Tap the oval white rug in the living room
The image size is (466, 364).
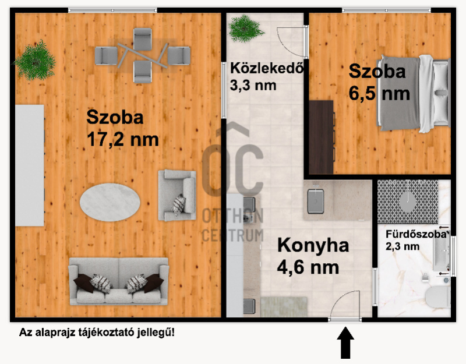click(110, 202)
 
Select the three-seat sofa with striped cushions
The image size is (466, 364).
click(119, 281)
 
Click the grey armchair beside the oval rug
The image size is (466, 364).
click(177, 195)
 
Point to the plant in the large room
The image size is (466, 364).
click(36, 61)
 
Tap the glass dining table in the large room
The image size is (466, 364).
click(142, 55)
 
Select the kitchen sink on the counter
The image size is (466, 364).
click(315, 201)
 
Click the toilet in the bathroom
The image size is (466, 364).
click(438, 296)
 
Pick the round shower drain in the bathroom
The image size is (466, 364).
click(407, 202)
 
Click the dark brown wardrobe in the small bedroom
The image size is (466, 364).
click(322, 137)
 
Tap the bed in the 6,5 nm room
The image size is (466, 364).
click(414, 93)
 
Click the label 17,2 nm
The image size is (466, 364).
click(123, 139)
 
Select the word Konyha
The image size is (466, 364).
click(313, 246)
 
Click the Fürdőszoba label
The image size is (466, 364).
click(416, 234)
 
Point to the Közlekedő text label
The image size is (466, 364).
click(267, 68)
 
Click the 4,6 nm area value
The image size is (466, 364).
click(308, 267)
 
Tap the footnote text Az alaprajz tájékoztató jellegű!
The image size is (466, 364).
click(97, 332)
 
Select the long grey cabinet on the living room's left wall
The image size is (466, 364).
click(30, 165)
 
